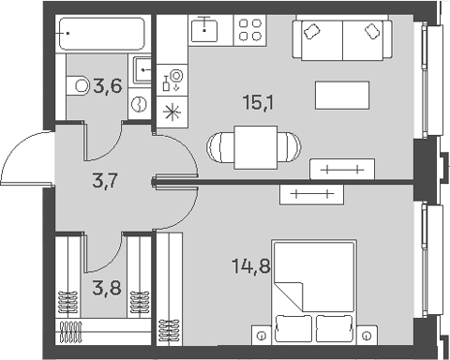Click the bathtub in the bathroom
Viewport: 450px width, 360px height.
[x=101, y=34]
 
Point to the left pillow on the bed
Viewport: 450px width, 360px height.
[x=291, y=328]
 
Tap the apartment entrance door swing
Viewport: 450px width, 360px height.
[x=25, y=158]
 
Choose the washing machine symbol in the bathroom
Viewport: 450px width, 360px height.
[x=140, y=104]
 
